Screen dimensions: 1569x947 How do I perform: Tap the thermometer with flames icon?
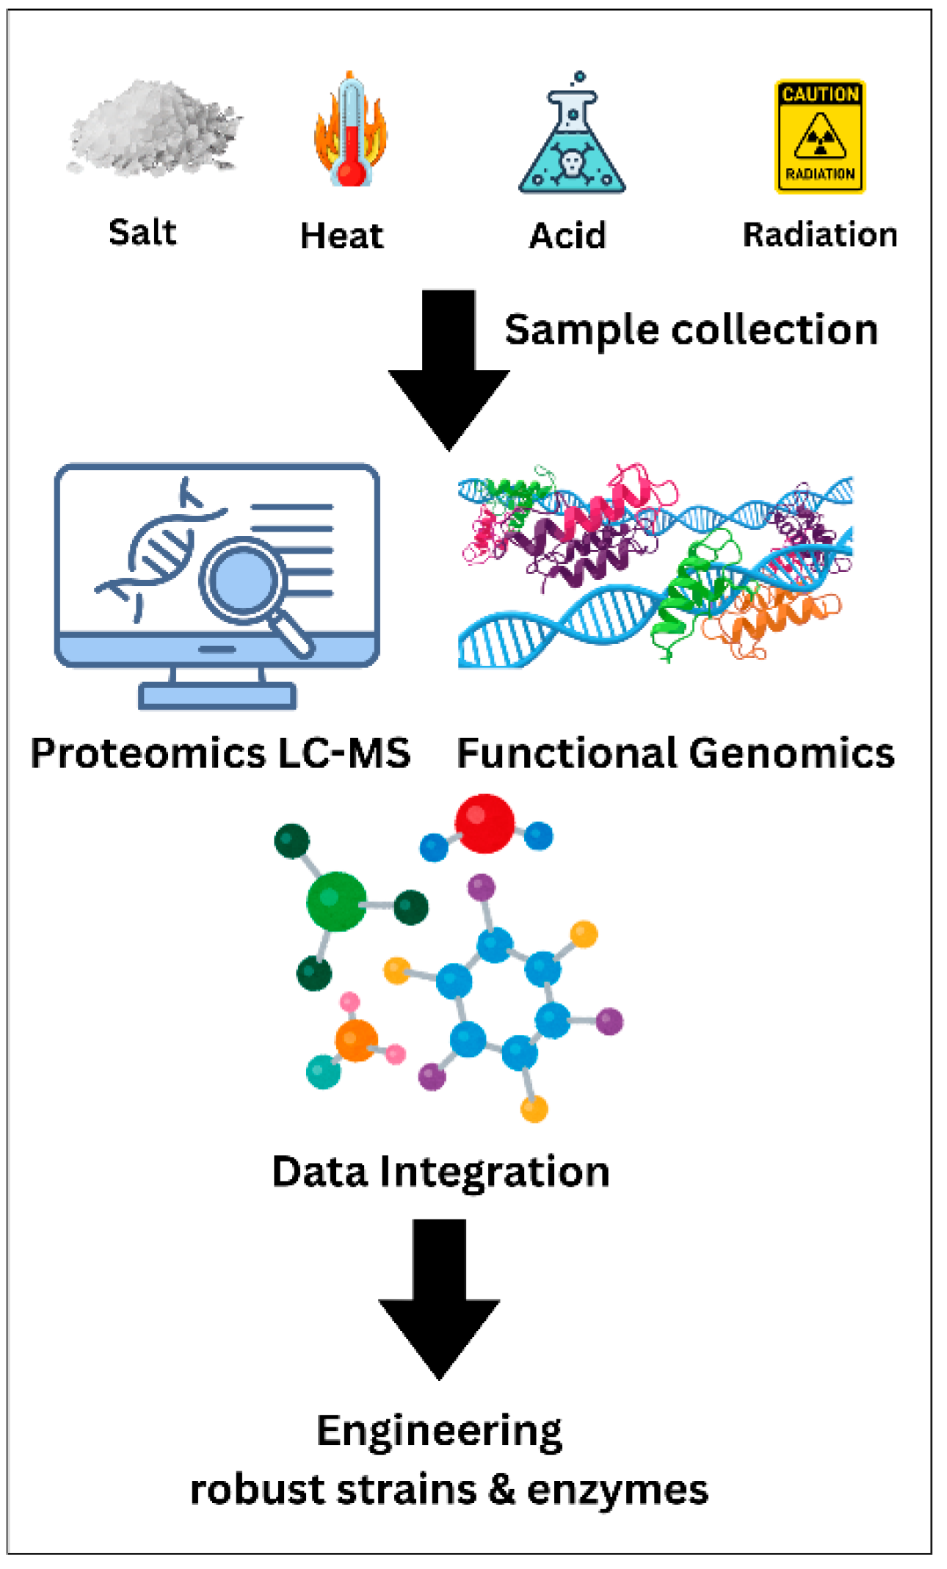[x=350, y=132]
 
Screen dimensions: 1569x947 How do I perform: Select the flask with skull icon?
[x=572, y=139]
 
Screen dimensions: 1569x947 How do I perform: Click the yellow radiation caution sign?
[x=820, y=137]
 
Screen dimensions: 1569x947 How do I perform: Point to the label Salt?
[x=142, y=233]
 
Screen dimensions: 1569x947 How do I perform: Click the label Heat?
[x=341, y=236]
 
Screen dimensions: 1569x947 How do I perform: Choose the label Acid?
[x=567, y=236]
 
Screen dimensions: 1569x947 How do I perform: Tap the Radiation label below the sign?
[x=820, y=235]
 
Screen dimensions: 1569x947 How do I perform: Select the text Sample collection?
[x=691, y=330]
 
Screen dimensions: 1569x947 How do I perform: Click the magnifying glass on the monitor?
[x=242, y=580]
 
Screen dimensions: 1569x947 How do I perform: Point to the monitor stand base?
[x=217, y=695]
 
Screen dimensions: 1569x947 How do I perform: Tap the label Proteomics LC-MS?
[x=220, y=753]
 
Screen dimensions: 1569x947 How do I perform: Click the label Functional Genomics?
[x=675, y=753]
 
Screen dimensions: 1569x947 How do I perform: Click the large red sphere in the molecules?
[x=485, y=823]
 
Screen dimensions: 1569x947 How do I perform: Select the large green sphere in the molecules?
[x=336, y=901]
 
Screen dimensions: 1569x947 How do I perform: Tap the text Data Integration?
[x=440, y=1171]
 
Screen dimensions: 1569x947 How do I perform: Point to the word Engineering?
[x=439, y=1430]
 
